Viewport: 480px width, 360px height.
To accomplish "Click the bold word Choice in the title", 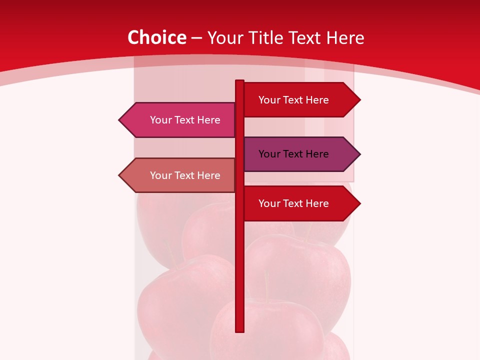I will point(156,38).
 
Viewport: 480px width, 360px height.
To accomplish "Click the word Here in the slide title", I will point(345,38).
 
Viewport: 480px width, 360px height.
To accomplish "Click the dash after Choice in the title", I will point(196,38).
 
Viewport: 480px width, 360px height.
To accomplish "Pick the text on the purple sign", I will point(293,154).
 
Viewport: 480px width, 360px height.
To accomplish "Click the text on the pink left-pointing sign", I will point(185,120).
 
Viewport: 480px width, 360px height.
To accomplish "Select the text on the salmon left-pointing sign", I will point(185,175).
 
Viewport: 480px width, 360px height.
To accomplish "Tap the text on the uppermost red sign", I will point(293,100).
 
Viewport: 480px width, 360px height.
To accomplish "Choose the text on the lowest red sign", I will point(293,203).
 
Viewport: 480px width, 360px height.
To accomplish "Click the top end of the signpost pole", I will point(239,81).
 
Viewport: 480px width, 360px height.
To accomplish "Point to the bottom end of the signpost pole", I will point(239,330).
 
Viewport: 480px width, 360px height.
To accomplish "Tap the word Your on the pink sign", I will point(160,120).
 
